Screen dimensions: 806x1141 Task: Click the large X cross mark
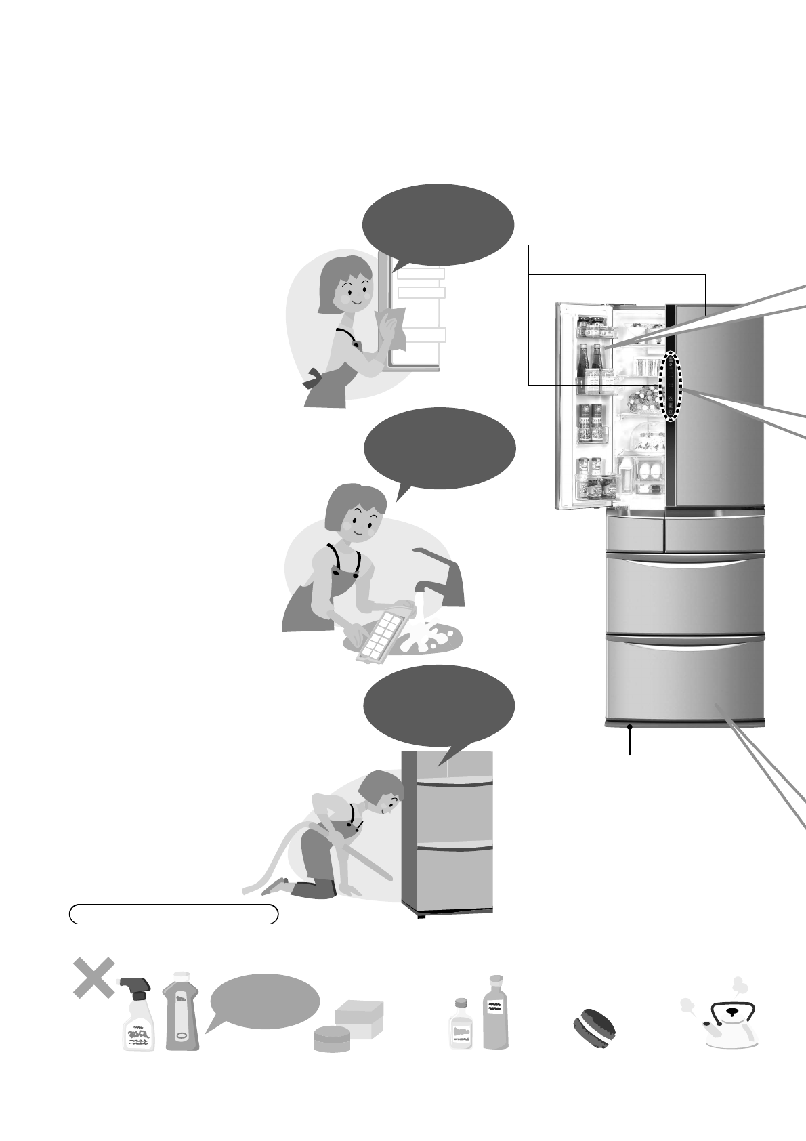click(93, 977)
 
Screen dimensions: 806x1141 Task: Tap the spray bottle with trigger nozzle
click(138, 1016)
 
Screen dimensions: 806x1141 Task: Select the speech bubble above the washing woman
click(440, 449)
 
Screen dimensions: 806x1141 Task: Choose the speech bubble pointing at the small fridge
click(439, 707)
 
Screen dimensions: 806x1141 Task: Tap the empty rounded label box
click(173, 913)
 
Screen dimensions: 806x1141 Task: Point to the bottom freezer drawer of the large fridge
click(685, 678)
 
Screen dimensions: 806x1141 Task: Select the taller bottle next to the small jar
click(496, 1013)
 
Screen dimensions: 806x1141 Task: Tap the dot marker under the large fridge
click(631, 728)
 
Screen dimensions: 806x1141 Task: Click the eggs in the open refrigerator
click(650, 472)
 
